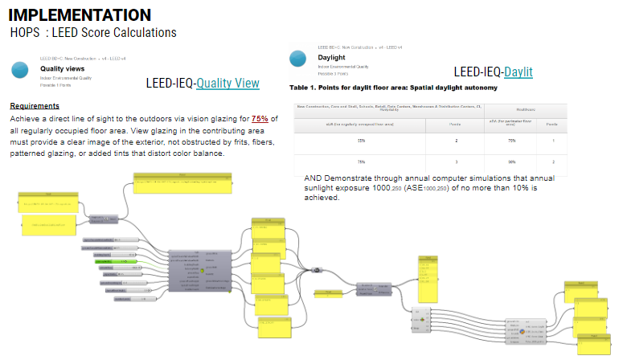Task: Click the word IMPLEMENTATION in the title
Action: (79, 15)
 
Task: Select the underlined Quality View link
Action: (228, 83)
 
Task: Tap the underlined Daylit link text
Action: (518, 72)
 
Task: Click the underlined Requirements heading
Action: (35, 106)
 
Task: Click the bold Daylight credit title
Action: (332, 58)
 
